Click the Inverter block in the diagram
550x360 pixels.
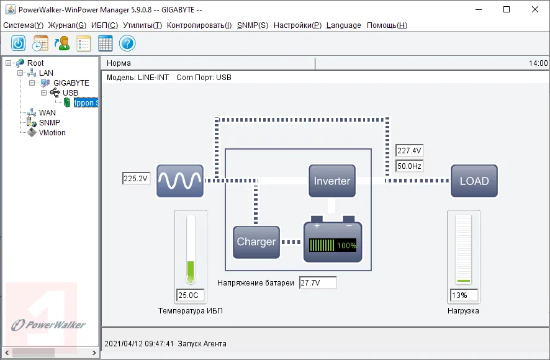[x=332, y=181]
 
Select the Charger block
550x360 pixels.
[x=256, y=242]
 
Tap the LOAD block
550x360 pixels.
[x=474, y=181]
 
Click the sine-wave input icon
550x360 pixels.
[x=179, y=181]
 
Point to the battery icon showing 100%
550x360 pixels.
[x=333, y=242]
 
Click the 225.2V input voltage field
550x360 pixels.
[x=136, y=179]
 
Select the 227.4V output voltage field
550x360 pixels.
[x=409, y=151]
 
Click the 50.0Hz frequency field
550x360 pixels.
[x=409, y=166]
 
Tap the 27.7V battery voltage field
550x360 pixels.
[x=317, y=283]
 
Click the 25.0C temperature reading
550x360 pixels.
[x=191, y=295]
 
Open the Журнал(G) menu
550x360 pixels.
[x=66, y=25]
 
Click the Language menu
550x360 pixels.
[x=343, y=25]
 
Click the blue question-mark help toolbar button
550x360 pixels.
[x=127, y=43]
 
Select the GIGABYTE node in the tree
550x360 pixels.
[x=71, y=83]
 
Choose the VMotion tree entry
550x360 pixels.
[x=52, y=133]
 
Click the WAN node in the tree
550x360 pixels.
[x=47, y=113]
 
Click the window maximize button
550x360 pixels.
[x=507, y=9]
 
